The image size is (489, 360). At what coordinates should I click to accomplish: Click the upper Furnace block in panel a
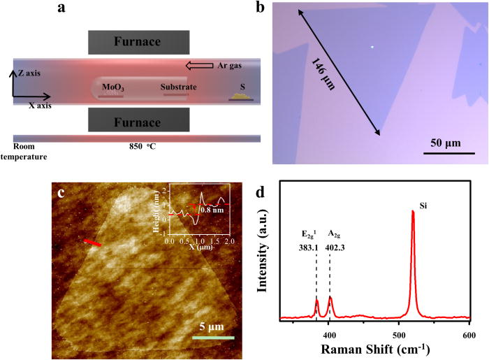tap(137, 42)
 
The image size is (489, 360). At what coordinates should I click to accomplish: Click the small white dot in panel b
tap(372, 48)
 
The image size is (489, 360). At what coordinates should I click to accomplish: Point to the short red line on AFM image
tap(93, 242)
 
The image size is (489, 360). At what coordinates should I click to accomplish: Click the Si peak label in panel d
tap(423, 206)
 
